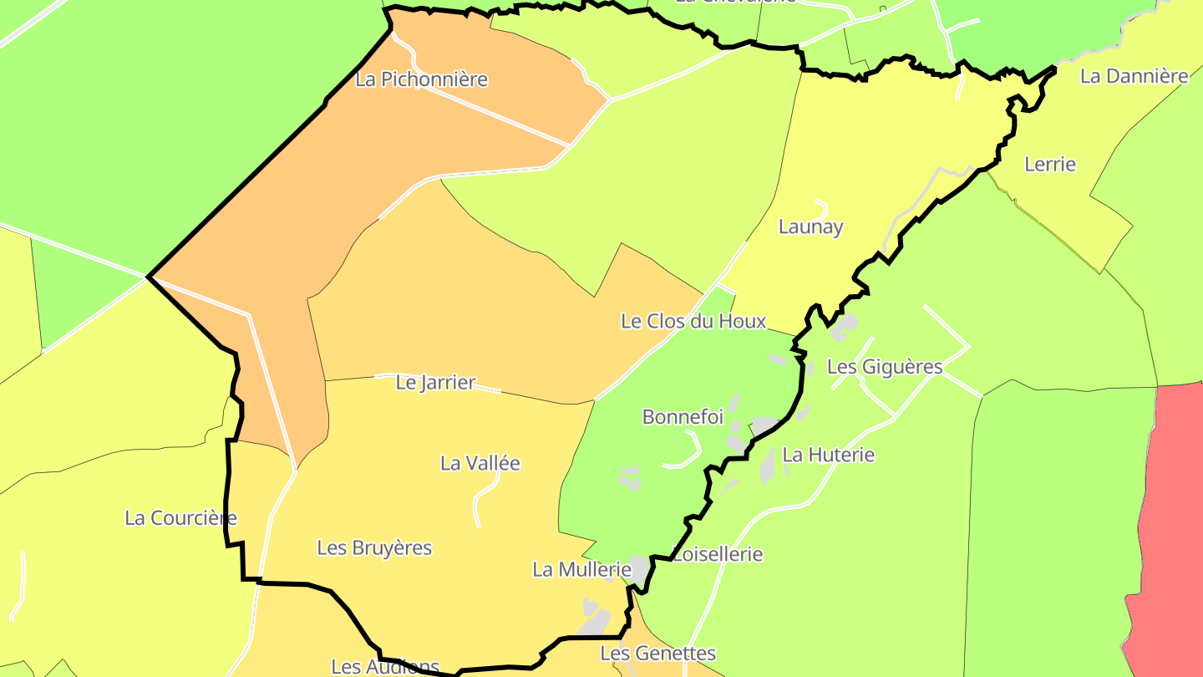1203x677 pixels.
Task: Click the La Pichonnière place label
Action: [x=421, y=79]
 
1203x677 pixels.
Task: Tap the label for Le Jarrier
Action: [x=435, y=383]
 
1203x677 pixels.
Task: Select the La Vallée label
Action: [x=480, y=463]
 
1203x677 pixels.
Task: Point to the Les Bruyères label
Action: [x=374, y=548]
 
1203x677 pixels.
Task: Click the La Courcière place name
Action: [x=180, y=518]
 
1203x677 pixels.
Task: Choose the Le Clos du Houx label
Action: [x=693, y=321]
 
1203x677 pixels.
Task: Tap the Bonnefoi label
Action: [x=683, y=417]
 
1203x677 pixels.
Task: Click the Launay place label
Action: [x=810, y=227]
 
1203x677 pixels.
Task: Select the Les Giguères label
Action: [x=885, y=367]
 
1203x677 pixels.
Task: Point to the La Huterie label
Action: [x=828, y=456]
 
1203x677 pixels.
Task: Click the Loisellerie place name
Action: [x=718, y=554]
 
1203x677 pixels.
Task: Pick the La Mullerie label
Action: [x=581, y=570]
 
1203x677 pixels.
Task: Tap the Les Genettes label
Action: [x=658, y=653]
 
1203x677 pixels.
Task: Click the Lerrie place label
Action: [x=1050, y=165]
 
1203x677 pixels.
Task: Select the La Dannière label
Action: [x=1134, y=76]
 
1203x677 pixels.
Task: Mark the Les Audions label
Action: [x=384, y=667]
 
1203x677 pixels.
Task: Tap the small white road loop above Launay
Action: [x=821, y=207]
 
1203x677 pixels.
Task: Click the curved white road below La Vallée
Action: [x=481, y=501]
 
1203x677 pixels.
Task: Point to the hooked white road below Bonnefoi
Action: [x=687, y=451]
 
